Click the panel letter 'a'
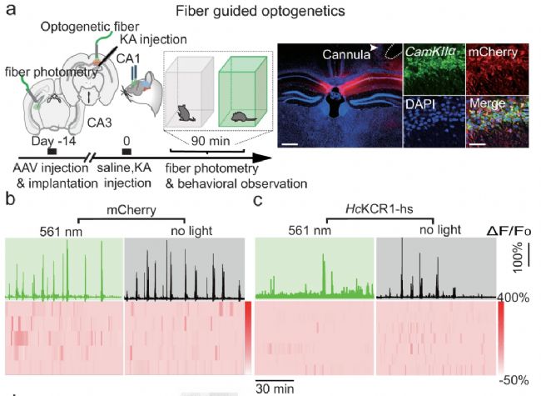(x=11, y=11)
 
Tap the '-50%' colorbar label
(x=515, y=379)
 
